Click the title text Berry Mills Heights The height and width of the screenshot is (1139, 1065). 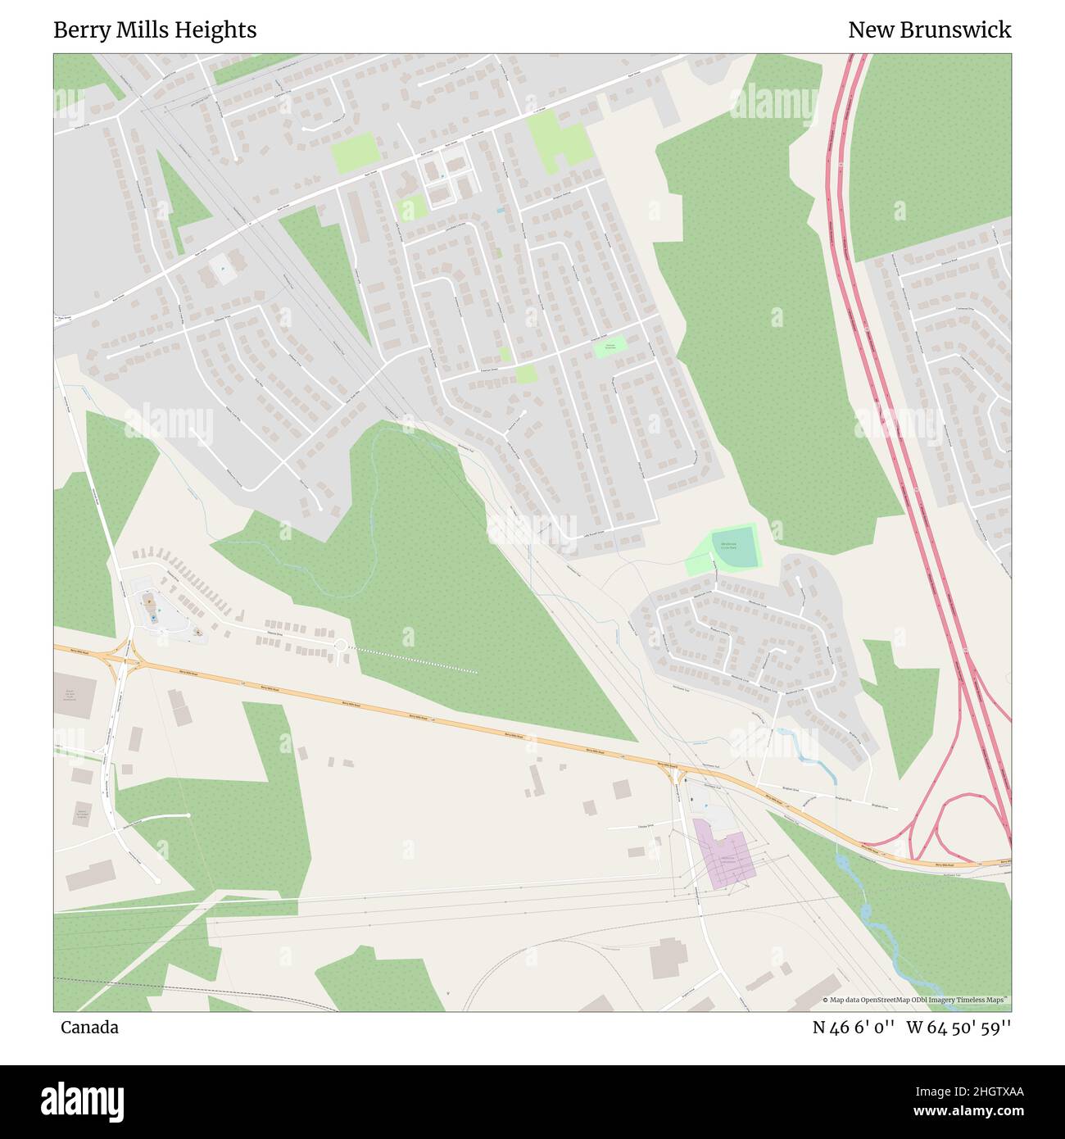(155, 30)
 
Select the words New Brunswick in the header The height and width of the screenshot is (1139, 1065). (929, 30)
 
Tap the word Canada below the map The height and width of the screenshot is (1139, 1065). (89, 1028)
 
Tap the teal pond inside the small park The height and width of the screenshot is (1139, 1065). (735, 547)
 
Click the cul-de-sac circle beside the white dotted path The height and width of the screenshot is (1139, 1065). (340, 647)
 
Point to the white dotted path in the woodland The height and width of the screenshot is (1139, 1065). (414, 660)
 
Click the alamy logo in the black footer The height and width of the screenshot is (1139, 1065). (82, 1100)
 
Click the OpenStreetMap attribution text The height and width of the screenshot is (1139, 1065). (916, 1000)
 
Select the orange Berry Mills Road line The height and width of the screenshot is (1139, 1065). (410, 713)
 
